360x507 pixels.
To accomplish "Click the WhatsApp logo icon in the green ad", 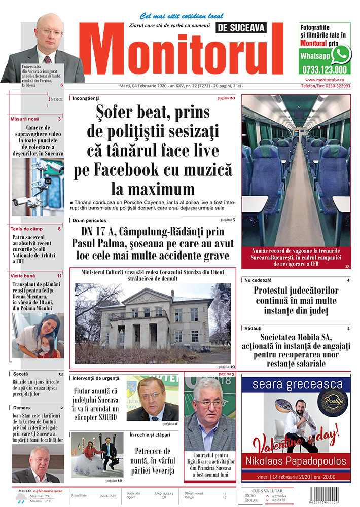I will [x=341, y=54].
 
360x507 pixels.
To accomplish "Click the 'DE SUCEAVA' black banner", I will [x=240, y=28].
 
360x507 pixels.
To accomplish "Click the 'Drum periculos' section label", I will [x=89, y=220].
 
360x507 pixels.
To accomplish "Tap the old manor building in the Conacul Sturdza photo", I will [x=152, y=319].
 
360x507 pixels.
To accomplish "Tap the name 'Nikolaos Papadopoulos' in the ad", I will [x=296, y=461].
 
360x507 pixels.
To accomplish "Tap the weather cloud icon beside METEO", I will [x=21, y=498].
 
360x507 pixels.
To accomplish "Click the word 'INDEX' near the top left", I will [x=56, y=99].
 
